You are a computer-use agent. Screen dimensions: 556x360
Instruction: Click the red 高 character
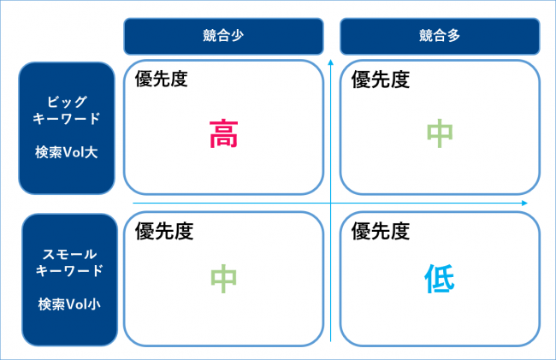click(223, 133)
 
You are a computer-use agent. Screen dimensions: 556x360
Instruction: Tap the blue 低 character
click(440, 279)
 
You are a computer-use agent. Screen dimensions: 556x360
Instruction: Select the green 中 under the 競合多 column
click(440, 133)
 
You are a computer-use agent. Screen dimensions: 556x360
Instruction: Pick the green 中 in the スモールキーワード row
click(223, 279)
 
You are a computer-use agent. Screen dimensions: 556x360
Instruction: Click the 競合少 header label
click(223, 35)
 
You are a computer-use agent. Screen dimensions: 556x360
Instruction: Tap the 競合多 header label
click(440, 35)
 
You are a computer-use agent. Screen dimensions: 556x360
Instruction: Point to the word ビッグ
click(67, 102)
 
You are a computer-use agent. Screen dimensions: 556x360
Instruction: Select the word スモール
click(69, 254)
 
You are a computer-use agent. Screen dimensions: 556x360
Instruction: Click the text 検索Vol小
click(69, 304)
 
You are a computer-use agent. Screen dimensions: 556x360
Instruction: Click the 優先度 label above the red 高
click(161, 79)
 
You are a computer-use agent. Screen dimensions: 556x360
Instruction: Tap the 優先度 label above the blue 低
click(381, 231)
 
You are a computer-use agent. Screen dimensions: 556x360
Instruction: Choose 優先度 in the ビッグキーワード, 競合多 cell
click(381, 79)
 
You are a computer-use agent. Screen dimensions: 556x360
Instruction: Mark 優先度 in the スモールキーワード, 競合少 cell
click(164, 231)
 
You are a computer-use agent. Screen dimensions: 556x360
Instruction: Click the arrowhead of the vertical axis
click(330, 62)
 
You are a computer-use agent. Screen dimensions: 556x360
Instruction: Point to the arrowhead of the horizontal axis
click(525, 203)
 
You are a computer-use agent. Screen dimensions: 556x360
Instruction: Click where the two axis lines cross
click(330, 203)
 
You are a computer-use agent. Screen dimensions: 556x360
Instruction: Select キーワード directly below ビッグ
click(67, 118)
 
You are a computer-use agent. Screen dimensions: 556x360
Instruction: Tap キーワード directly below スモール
click(69, 271)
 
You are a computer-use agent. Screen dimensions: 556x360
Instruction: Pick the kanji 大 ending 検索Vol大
click(92, 152)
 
